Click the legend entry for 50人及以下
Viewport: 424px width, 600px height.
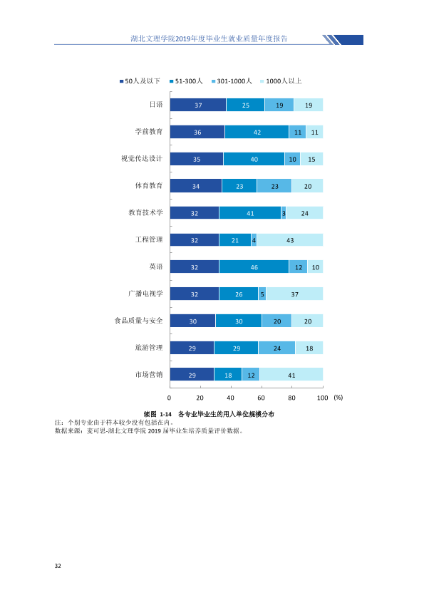point(140,81)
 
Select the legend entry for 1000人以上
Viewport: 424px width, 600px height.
point(281,81)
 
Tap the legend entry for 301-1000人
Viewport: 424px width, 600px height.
point(232,81)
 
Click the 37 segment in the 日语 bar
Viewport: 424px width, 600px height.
point(198,105)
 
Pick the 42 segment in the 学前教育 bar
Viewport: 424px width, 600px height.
point(257,132)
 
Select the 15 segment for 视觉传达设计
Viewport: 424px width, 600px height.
point(311,159)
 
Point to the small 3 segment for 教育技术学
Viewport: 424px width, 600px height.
point(284,213)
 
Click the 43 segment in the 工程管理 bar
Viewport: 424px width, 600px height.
point(290,240)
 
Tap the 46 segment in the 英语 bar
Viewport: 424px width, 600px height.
point(254,267)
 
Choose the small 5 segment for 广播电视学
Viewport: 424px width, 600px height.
point(262,294)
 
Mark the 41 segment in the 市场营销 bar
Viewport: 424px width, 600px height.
point(291,375)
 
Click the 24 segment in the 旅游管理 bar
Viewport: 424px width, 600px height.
point(276,348)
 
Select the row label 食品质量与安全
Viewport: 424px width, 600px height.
point(138,321)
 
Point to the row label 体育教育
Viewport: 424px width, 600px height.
point(149,186)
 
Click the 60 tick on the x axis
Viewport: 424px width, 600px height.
point(261,398)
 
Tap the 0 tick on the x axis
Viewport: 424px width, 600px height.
point(169,398)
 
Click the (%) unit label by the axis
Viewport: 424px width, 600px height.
point(338,398)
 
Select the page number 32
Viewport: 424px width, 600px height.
point(58,566)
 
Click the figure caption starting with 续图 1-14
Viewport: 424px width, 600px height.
point(209,414)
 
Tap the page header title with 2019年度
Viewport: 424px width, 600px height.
point(209,38)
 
